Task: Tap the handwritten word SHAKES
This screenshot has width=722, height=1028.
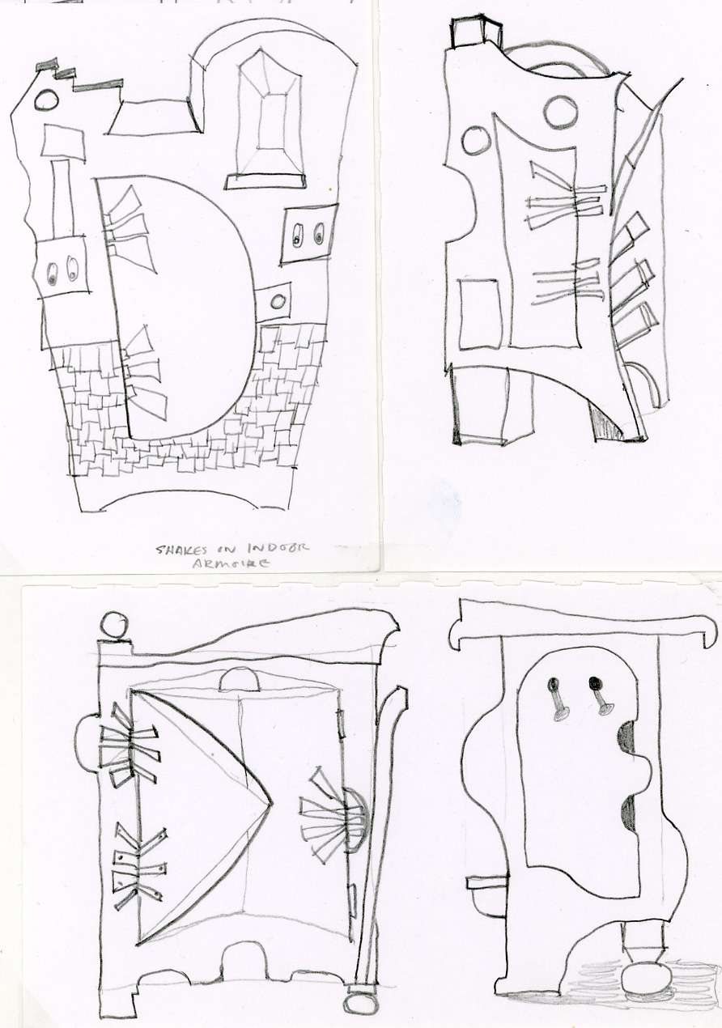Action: click(x=182, y=550)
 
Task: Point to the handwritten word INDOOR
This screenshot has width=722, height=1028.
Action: click(x=278, y=547)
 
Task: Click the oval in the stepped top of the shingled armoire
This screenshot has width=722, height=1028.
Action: click(x=47, y=100)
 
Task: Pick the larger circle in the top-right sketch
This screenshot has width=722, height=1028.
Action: click(x=562, y=112)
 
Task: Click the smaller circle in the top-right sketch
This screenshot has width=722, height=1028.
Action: click(x=475, y=140)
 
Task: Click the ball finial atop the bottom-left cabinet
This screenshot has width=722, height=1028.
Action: click(x=113, y=625)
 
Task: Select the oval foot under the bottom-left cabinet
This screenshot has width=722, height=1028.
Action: click(x=361, y=1003)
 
